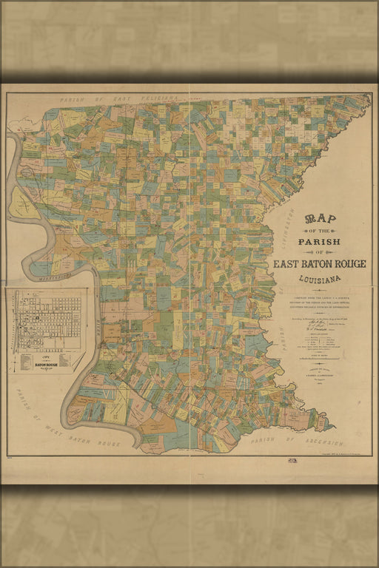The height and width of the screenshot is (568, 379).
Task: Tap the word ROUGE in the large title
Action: [346, 265]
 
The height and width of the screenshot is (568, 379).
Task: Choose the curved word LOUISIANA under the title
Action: [320, 280]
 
